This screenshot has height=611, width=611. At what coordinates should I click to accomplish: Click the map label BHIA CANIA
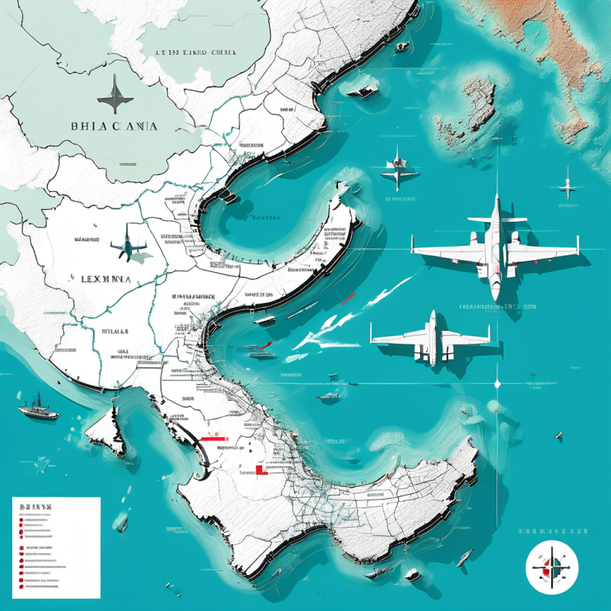[x=114, y=126]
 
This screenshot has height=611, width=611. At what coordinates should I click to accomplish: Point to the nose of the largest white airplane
[x=495, y=295]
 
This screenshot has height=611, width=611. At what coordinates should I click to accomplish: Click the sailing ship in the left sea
[x=37, y=408]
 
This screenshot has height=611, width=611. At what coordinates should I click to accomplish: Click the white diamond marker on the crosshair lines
[x=497, y=383]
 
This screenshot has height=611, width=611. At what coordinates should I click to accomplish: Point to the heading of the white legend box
[x=36, y=507]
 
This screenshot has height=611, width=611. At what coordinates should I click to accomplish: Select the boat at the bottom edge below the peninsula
[x=412, y=575]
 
